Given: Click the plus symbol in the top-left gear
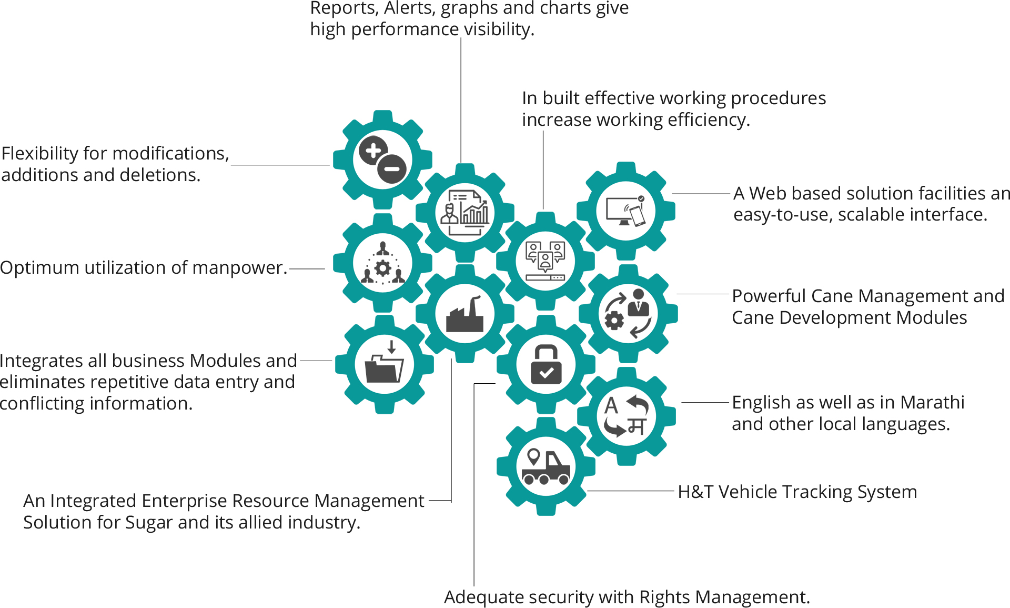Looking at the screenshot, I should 373,151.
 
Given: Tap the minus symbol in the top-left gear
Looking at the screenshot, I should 392,169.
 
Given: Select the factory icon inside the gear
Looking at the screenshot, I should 464,315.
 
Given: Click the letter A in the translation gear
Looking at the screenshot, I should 611,406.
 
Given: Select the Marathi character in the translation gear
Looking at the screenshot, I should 637,426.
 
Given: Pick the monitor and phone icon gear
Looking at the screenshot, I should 625,211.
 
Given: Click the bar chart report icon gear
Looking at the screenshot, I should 465,212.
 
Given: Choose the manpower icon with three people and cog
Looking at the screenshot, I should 382,263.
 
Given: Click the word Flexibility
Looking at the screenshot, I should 40,154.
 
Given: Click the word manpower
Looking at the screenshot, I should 239,268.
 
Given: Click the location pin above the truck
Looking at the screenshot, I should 534,455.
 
